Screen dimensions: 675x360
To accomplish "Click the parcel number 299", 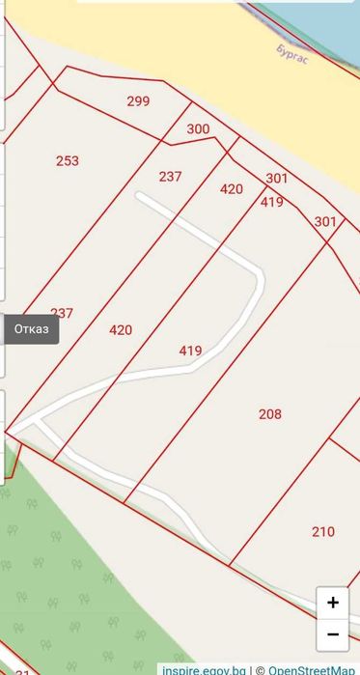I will pyautogui.click(x=138, y=100).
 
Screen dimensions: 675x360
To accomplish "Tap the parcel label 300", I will pyautogui.click(x=198, y=128).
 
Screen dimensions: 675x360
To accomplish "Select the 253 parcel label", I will pyautogui.click(x=68, y=161).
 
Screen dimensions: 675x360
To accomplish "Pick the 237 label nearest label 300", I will pyautogui.click(x=170, y=176).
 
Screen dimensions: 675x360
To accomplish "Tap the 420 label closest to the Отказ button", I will pyautogui.click(x=121, y=330).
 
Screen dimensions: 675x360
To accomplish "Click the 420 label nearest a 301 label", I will pyautogui.click(x=232, y=189).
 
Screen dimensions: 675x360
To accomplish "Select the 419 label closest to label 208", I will pyautogui.click(x=190, y=351).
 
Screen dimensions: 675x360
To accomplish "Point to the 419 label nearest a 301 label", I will pyautogui.click(x=271, y=202).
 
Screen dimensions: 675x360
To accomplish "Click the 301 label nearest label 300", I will pyautogui.click(x=277, y=178).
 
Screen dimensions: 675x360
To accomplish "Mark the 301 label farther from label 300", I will pyautogui.click(x=325, y=221).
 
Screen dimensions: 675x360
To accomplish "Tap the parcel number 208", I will pyautogui.click(x=270, y=414).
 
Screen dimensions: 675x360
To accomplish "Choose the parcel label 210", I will pyautogui.click(x=323, y=531).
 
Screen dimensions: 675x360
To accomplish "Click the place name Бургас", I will pyautogui.click(x=292, y=50).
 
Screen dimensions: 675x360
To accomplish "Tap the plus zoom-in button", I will pyautogui.click(x=333, y=603).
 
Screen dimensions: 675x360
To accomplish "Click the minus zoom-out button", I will pyautogui.click(x=333, y=634).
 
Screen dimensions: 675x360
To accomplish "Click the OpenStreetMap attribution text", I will pyautogui.click(x=311, y=669).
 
